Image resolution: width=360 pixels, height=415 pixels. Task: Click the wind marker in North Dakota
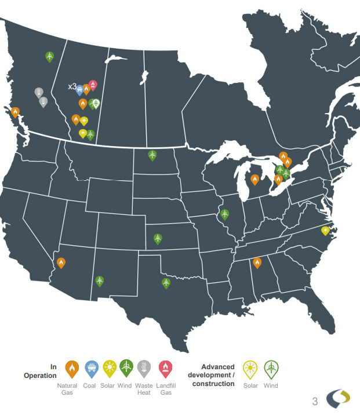tap(152, 155)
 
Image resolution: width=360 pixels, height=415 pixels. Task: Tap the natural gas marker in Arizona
tap(61, 263)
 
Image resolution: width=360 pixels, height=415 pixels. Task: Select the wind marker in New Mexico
tap(100, 281)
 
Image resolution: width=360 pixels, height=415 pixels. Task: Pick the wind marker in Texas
tap(166, 283)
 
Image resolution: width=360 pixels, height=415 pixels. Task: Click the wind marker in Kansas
tap(158, 238)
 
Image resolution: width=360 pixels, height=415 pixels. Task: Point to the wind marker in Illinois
tap(224, 214)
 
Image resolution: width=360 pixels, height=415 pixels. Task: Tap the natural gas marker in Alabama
tap(257, 263)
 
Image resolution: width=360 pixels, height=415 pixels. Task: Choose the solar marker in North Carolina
tap(326, 231)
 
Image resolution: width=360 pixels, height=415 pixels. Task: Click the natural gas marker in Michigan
tap(254, 180)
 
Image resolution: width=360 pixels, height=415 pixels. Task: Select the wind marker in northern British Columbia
tap(50, 56)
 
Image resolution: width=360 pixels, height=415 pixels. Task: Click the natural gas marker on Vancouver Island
tap(15, 112)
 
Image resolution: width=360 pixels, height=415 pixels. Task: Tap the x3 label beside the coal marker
tap(72, 86)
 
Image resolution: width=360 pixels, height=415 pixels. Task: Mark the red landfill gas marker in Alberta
tap(93, 85)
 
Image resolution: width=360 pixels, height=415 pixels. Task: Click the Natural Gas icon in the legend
tap(72, 367)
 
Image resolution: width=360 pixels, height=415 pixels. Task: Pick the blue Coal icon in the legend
tap(90, 367)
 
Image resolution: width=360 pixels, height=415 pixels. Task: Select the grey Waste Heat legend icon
tap(144, 367)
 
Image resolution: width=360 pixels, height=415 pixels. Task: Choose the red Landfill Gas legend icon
tap(166, 367)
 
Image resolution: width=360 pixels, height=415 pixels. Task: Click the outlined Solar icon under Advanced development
tap(250, 367)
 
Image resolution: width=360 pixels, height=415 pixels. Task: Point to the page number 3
tap(315, 401)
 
